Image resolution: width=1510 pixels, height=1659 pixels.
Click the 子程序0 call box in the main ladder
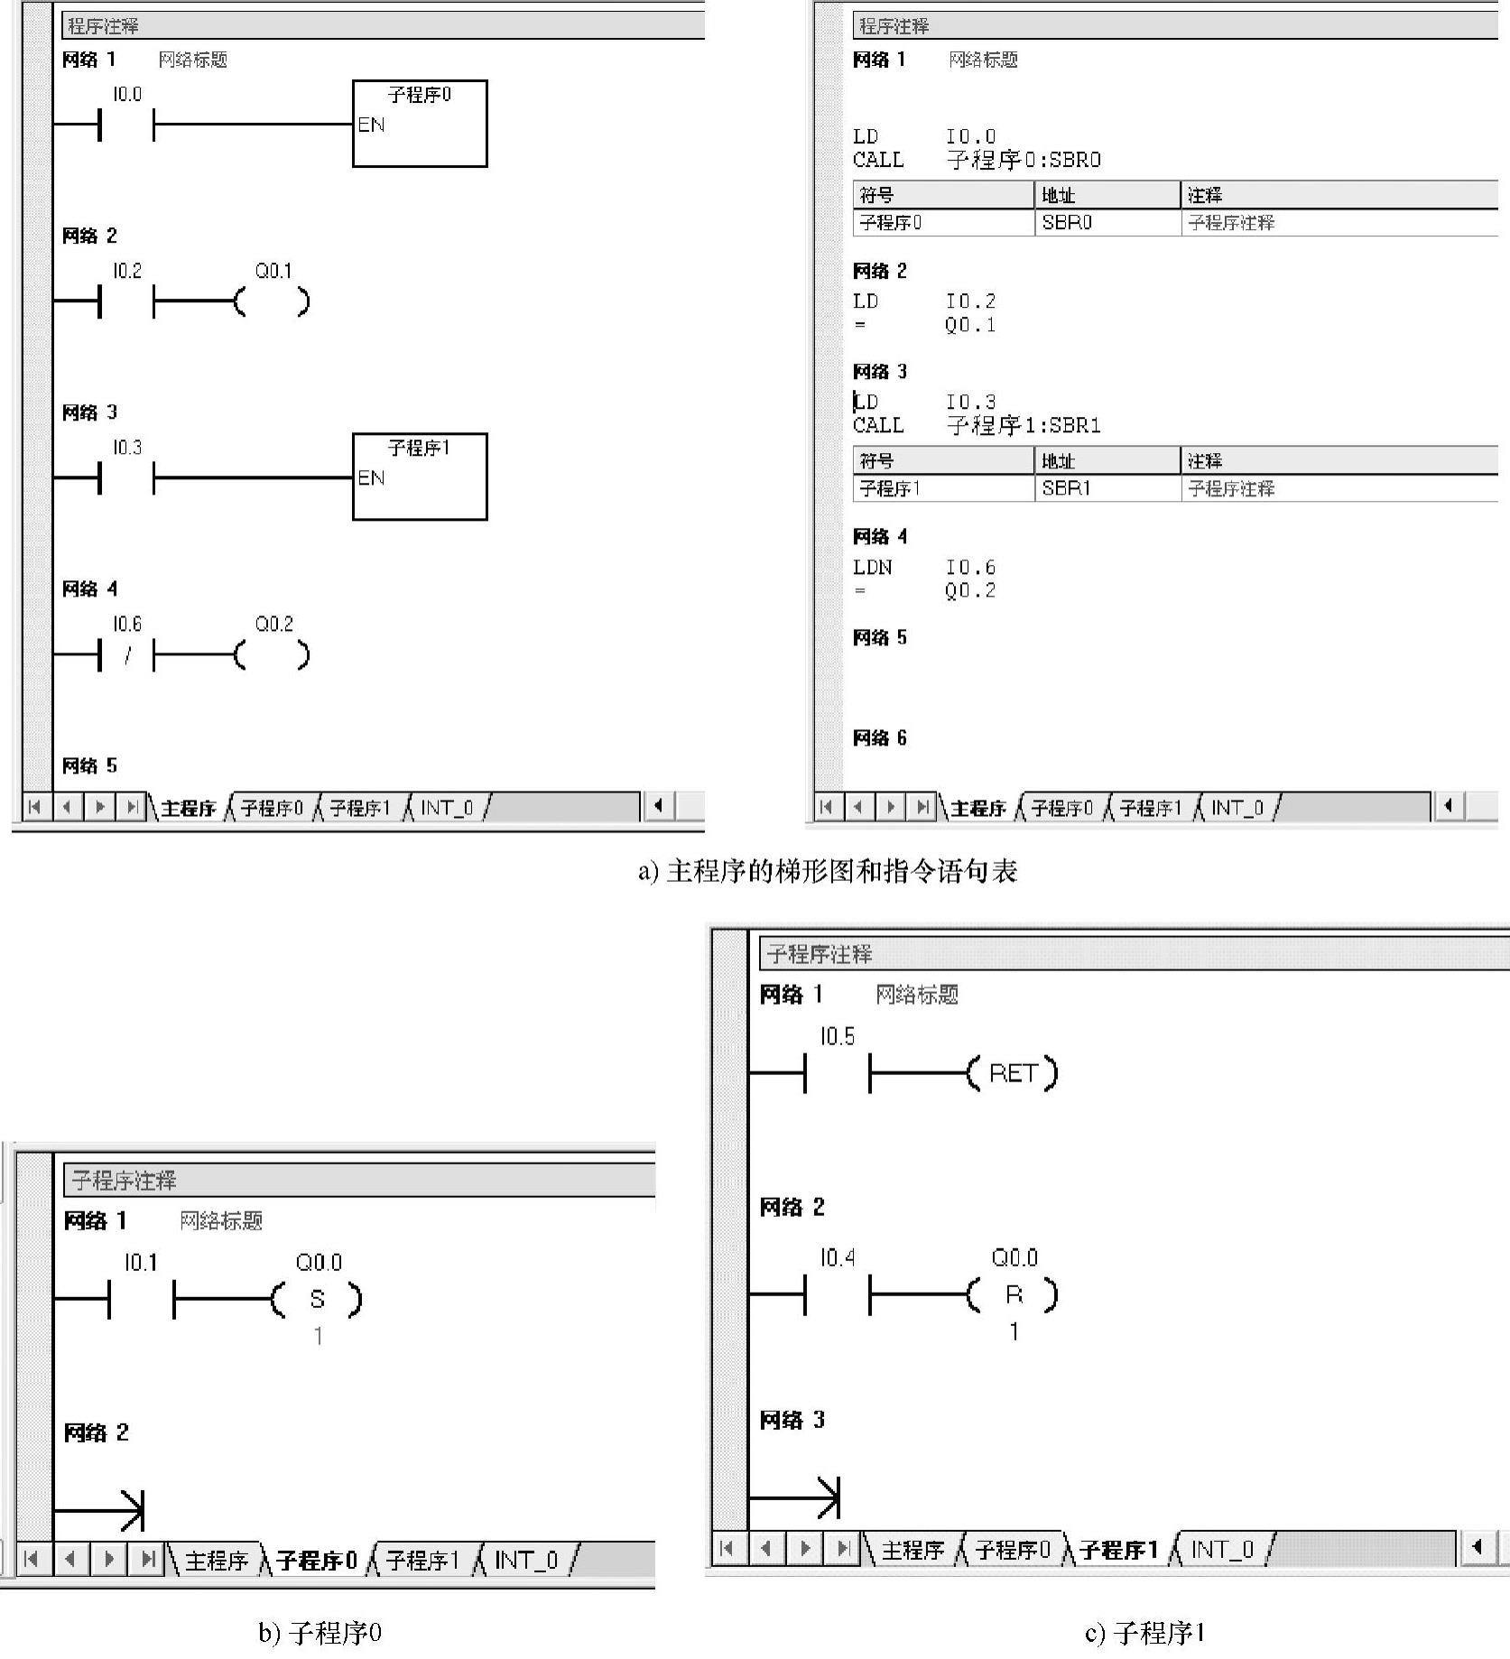coord(420,124)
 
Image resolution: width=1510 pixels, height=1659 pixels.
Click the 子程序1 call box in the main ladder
coord(420,477)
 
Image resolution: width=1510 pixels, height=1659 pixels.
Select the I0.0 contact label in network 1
coord(127,95)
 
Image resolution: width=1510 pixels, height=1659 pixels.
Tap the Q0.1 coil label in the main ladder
coord(273,271)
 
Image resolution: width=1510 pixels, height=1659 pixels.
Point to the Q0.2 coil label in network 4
coord(274,625)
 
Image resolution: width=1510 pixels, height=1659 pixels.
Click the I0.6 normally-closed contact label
coord(127,625)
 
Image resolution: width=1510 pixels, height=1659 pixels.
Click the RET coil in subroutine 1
coord(1012,1073)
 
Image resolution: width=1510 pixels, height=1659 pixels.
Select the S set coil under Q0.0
coord(317,1300)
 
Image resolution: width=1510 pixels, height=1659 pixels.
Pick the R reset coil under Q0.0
coord(1014,1295)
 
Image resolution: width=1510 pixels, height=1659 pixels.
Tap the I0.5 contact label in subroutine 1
coord(837,1036)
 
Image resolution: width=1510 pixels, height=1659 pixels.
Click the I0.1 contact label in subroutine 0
coord(141,1262)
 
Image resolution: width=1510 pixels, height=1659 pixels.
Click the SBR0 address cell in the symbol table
coord(1067,223)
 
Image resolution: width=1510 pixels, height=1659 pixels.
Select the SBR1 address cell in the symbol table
coord(1066,488)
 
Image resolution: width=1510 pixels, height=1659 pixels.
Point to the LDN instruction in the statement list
coord(872,568)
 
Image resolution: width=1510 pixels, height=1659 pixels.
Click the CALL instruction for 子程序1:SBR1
coord(877,425)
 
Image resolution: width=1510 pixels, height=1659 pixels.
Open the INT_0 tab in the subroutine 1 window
coord(1222,1550)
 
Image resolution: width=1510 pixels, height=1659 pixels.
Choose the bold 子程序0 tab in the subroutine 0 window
coord(317,1561)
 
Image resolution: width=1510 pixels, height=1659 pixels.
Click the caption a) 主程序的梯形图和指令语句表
coord(828,872)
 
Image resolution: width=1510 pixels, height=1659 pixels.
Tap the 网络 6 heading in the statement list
coord(879,738)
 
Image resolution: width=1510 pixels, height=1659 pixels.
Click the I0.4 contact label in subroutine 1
coord(837,1257)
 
